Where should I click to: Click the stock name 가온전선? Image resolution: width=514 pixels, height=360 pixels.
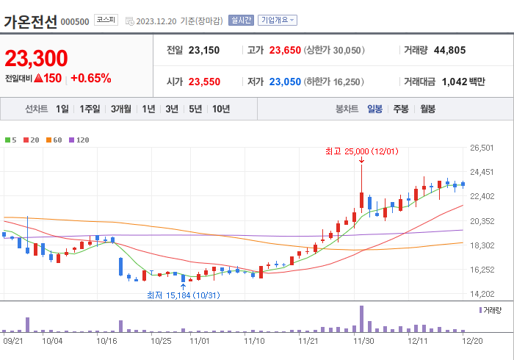click(x=29, y=21)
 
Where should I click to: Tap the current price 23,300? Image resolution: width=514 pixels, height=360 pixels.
click(x=36, y=58)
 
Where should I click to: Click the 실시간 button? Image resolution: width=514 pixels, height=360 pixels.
click(x=240, y=21)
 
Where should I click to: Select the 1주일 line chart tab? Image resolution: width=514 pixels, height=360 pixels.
click(x=90, y=109)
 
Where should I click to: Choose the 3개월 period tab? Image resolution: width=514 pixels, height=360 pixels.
click(x=121, y=109)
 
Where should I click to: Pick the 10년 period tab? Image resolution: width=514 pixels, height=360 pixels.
click(x=220, y=109)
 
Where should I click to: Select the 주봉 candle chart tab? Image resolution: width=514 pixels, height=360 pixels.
click(x=400, y=109)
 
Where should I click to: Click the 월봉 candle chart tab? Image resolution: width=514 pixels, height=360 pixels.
click(x=427, y=109)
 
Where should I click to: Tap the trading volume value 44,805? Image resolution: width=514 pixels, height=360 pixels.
click(x=449, y=51)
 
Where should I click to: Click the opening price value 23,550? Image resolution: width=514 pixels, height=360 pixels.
click(x=204, y=82)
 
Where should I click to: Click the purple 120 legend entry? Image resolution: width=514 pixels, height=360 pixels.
click(x=79, y=140)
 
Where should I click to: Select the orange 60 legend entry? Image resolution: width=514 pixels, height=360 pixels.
click(x=55, y=140)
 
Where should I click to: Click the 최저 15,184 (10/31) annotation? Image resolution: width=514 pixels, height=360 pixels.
click(x=183, y=295)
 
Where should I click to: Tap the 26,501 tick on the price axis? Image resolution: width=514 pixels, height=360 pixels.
click(x=482, y=148)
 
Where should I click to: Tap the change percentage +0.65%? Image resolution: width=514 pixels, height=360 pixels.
click(x=91, y=78)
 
